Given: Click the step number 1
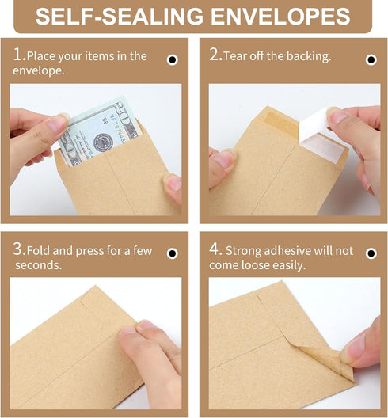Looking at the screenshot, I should pyautogui.click(x=17, y=55).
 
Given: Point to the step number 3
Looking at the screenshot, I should pyautogui.click(x=17, y=250).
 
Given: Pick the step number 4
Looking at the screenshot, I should pyautogui.click(x=214, y=250).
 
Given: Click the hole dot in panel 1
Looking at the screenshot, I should pyautogui.click(x=172, y=59).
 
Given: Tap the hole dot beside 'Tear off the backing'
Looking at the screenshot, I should pyautogui.click(x=371, y=59).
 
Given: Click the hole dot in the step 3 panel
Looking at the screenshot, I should pyautogui.click(x=172, y=254).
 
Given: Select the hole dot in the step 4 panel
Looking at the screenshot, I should pyautogui.click(x=371, y=254).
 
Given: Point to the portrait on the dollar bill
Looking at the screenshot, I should pyautogui.click(x=104, y=143).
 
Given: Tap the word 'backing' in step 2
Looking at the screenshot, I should pyautogui.click(x=307, y=57).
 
